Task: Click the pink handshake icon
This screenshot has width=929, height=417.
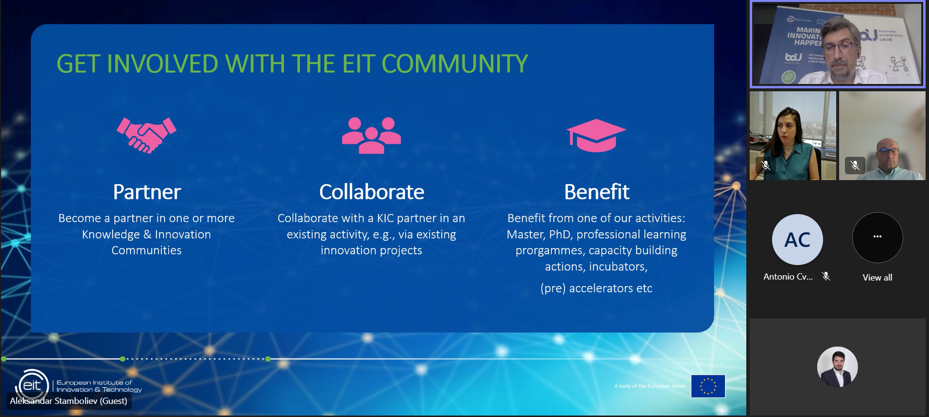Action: tap(146, 135)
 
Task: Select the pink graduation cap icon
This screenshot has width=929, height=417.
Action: tap(596, 135)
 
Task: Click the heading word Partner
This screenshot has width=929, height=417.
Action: tap(147, 192)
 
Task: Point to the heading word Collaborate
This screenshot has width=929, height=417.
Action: tap(371, 192)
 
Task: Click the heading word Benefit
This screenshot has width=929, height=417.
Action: tap(596, 192)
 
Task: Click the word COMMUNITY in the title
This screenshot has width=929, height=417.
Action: tap(454, 64)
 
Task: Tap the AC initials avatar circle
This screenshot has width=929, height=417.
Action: tap(797, 239)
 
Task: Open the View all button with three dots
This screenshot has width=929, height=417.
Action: tap(877, 237)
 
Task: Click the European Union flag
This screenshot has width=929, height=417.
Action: tap(708, 386)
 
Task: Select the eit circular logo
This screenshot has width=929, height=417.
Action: tap(32, 385)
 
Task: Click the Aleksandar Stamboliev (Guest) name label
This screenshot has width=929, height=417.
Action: tap(69, 401)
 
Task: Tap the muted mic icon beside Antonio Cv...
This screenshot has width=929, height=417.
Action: tap(826, 276)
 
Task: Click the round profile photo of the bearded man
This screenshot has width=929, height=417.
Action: tap(837, 367)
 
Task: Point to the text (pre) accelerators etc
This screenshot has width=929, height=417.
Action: tap(596, 288)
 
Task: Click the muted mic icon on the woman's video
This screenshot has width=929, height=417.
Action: tap(765, 165)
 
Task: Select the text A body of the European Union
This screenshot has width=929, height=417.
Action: tap(650, 386)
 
